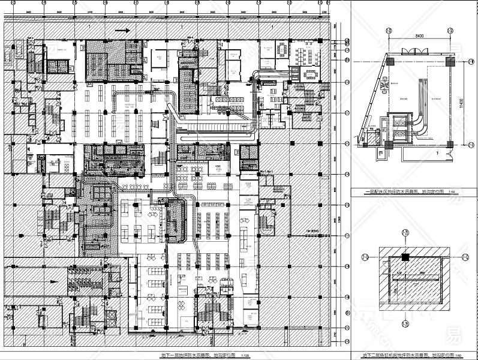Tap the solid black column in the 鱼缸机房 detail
[405, 258]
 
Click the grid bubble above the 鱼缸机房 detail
[405, 233]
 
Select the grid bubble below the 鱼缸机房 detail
[405, 324]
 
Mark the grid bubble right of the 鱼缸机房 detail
[465, 258]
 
